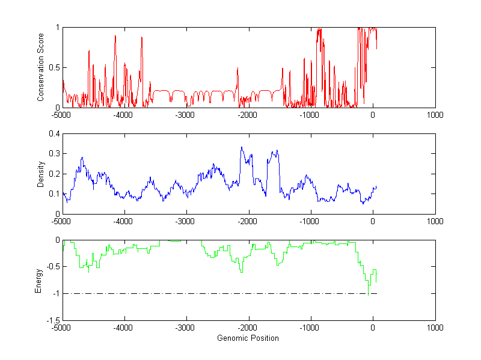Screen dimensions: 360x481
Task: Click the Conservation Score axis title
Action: tap(40, 67)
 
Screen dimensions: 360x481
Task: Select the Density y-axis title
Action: tap(40, 174)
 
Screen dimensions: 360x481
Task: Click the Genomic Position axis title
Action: tap(248, 338)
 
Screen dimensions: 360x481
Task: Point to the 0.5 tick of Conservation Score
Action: tap(54, 67)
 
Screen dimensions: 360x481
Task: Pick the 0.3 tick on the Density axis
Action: tap(54, 154)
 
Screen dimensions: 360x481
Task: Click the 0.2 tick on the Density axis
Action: tap(54, 174)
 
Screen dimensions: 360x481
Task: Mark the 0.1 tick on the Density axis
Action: tap(54, 194)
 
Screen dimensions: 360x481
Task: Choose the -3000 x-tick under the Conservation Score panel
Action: tap(186, 114)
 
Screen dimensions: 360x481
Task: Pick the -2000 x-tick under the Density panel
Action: tap(248, 221)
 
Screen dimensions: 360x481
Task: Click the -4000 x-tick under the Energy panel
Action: tap(124, 328)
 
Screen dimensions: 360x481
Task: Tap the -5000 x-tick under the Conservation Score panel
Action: tap(61, 114)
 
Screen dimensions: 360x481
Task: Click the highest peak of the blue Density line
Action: tap(242, 147)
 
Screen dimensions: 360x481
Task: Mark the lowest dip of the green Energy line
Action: tap(368, 295)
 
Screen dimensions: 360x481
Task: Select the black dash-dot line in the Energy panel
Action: tap(216, 293)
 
